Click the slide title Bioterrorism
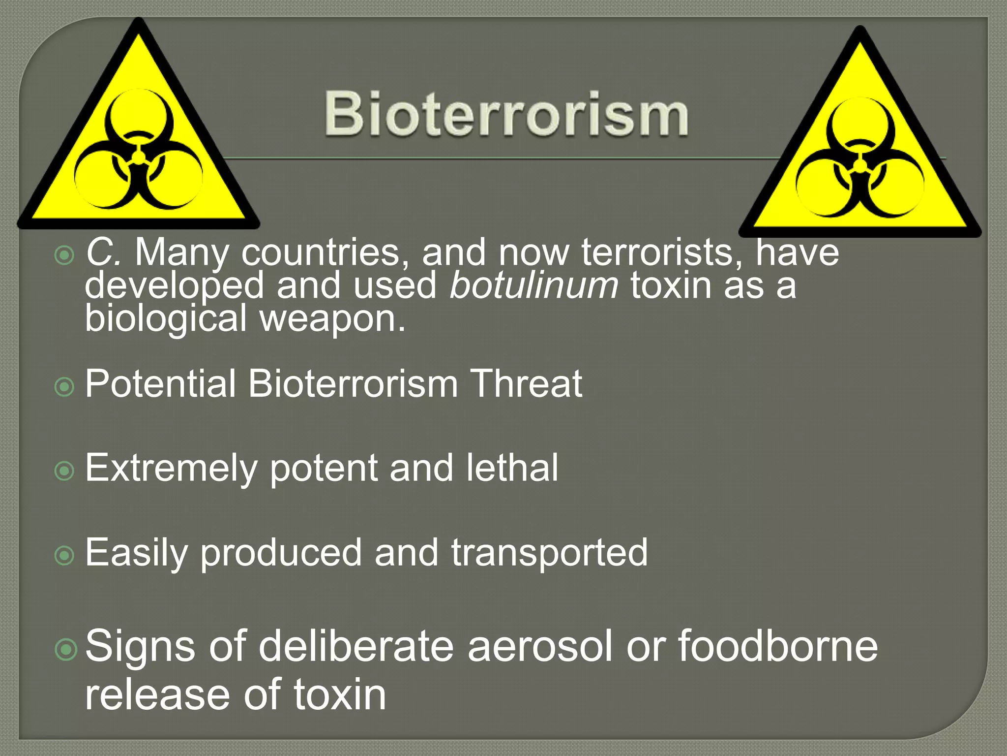pos(506,114)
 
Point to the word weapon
pos(332,319)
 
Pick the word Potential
pos(160,384)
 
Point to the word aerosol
pos(540,646)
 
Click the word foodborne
pos(778,646)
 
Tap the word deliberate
pos(356,646)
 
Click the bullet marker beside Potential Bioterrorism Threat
pos(64,387)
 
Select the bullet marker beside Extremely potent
pos(64,471)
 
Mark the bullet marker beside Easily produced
pos(64,556)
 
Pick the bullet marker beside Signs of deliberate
pos(66,649)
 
